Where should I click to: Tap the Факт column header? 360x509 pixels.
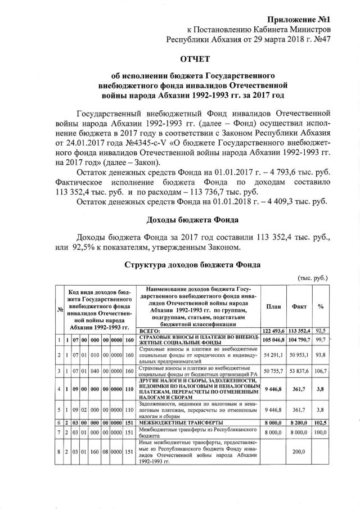tap(299, 307)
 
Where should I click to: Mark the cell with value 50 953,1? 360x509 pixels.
tap(299, 356)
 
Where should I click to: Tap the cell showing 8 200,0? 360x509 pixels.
tap(299, 422)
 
